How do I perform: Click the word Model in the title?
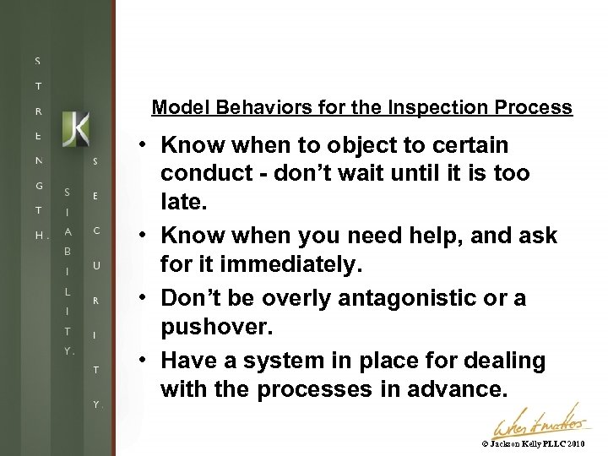click(x=175, y=108)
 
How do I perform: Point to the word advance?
click(x=464, y=389)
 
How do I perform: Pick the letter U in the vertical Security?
click(x=96, y=265)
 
